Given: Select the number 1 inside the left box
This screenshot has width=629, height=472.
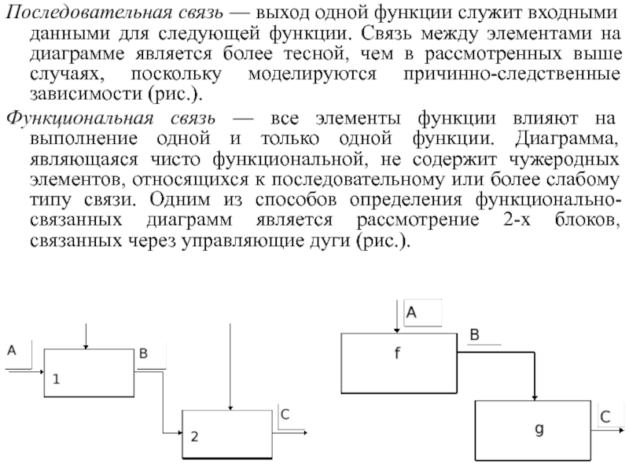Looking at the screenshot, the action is coord(57,378).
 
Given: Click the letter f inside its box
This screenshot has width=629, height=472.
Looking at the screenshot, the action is coord(397,354).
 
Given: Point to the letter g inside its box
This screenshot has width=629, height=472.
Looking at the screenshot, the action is coord(539,429).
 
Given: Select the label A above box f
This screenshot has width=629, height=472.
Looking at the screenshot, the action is coord(411,313).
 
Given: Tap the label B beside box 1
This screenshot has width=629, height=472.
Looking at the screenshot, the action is coord(143,355).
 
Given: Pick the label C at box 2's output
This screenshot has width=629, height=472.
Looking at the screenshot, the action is coord(285,415).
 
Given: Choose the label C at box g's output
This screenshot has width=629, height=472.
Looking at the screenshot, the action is coord(605,415).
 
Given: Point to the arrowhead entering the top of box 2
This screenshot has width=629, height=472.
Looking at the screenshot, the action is coord(229,407).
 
